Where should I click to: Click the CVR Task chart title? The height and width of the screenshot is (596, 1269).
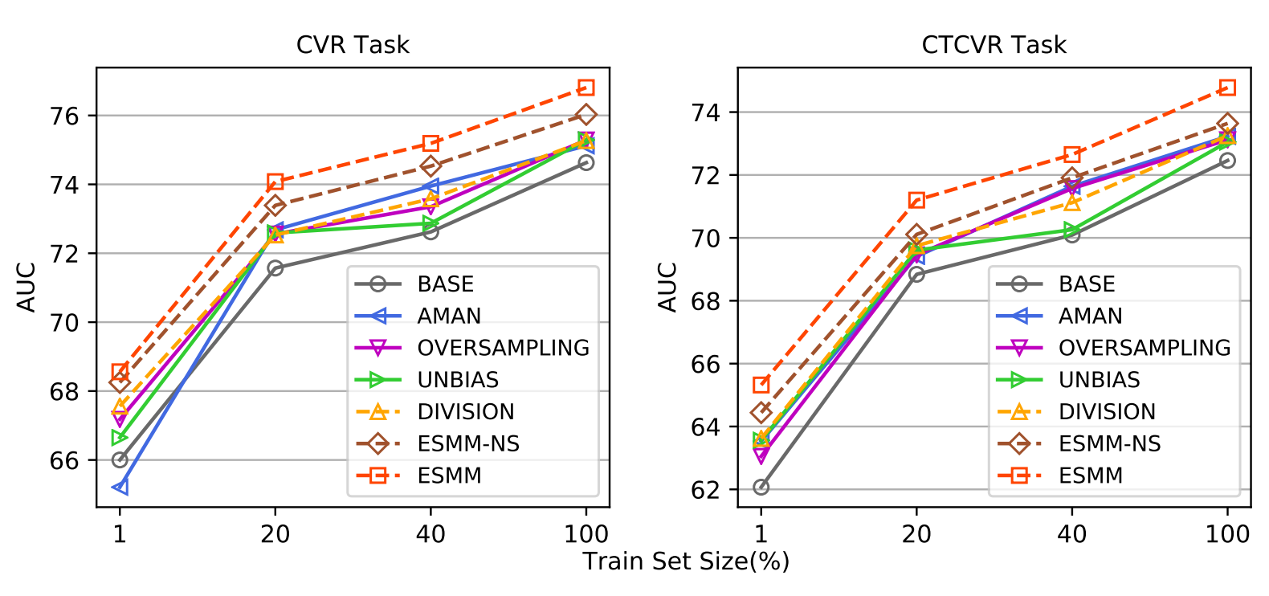pyautogui.click(x=353, y=45)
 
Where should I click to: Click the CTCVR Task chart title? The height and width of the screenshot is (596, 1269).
pyautogui.click(x=994, y=45)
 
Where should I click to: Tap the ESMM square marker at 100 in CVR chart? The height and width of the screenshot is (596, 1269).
pyautogui.click(x=586, y=88)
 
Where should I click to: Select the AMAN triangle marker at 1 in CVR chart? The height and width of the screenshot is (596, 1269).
pyautogui.click(x=120, y=487)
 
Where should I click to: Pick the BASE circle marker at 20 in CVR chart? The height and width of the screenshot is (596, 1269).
pyautogui.click(x=275, y=267)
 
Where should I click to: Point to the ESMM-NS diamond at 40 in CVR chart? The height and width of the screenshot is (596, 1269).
pyautogui.click(x=430, y=166)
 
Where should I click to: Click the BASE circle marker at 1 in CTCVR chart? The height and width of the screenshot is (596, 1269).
pyautogui.click(x=761, y=487)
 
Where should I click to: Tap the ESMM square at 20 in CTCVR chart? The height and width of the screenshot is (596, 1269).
pyautogui.click(x=916, y=200)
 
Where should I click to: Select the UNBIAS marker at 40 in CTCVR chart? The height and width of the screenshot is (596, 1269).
pyautogui.click(x=1072, y=231)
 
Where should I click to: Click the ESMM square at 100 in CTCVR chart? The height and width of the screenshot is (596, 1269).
pyautogui.click(x=1227, y=88)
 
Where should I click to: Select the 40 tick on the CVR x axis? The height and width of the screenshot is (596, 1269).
pyautogui.click(x=430, y=533)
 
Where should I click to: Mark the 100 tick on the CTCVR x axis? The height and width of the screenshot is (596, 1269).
pyautogui.click(x=1227, y=533)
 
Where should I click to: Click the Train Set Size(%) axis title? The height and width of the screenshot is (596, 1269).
pyautogui.click(x=686, y=561)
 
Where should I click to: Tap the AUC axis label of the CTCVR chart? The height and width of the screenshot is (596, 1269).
pyautogui.click(x=667, y=287)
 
